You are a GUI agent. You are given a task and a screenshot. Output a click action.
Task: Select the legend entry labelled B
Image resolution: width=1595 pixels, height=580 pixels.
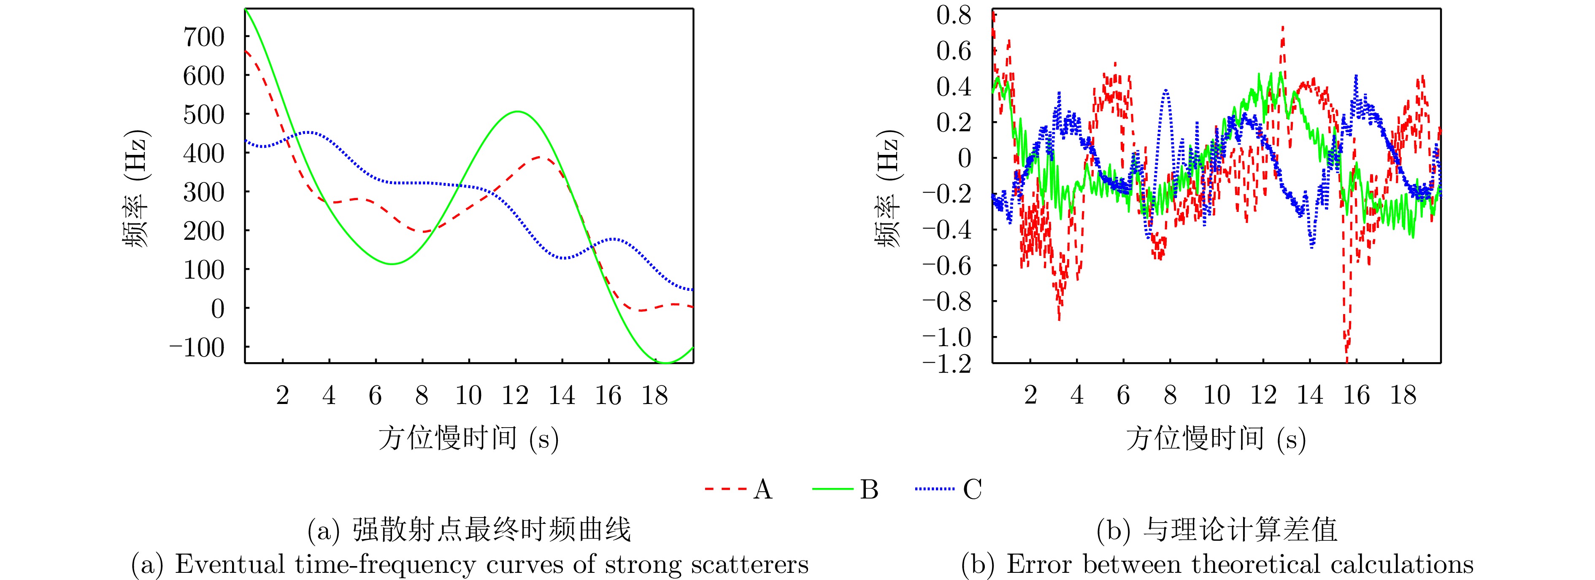pyautogui.click(x=846, y=490)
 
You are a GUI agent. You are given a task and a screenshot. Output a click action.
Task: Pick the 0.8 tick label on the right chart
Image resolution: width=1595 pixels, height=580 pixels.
pyautogui.click(x=954, y=15)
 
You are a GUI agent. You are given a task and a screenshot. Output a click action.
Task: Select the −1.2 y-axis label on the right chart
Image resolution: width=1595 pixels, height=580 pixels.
pyautogui.click(x=947, y=364)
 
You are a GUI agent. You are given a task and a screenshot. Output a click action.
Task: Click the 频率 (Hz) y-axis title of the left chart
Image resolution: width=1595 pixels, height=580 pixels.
pyautogui.click(x=135, y=189)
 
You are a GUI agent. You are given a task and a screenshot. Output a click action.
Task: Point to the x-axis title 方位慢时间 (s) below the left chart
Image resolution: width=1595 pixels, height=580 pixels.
pyautogui.click(x=469, y=439)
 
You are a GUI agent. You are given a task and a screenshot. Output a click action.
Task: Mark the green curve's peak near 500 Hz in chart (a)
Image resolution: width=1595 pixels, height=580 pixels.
pyautogui.click(x=516, y=111)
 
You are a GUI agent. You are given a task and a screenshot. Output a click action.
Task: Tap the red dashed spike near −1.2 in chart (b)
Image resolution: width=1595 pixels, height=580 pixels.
pyautogui.click(x=1347, y=356)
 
